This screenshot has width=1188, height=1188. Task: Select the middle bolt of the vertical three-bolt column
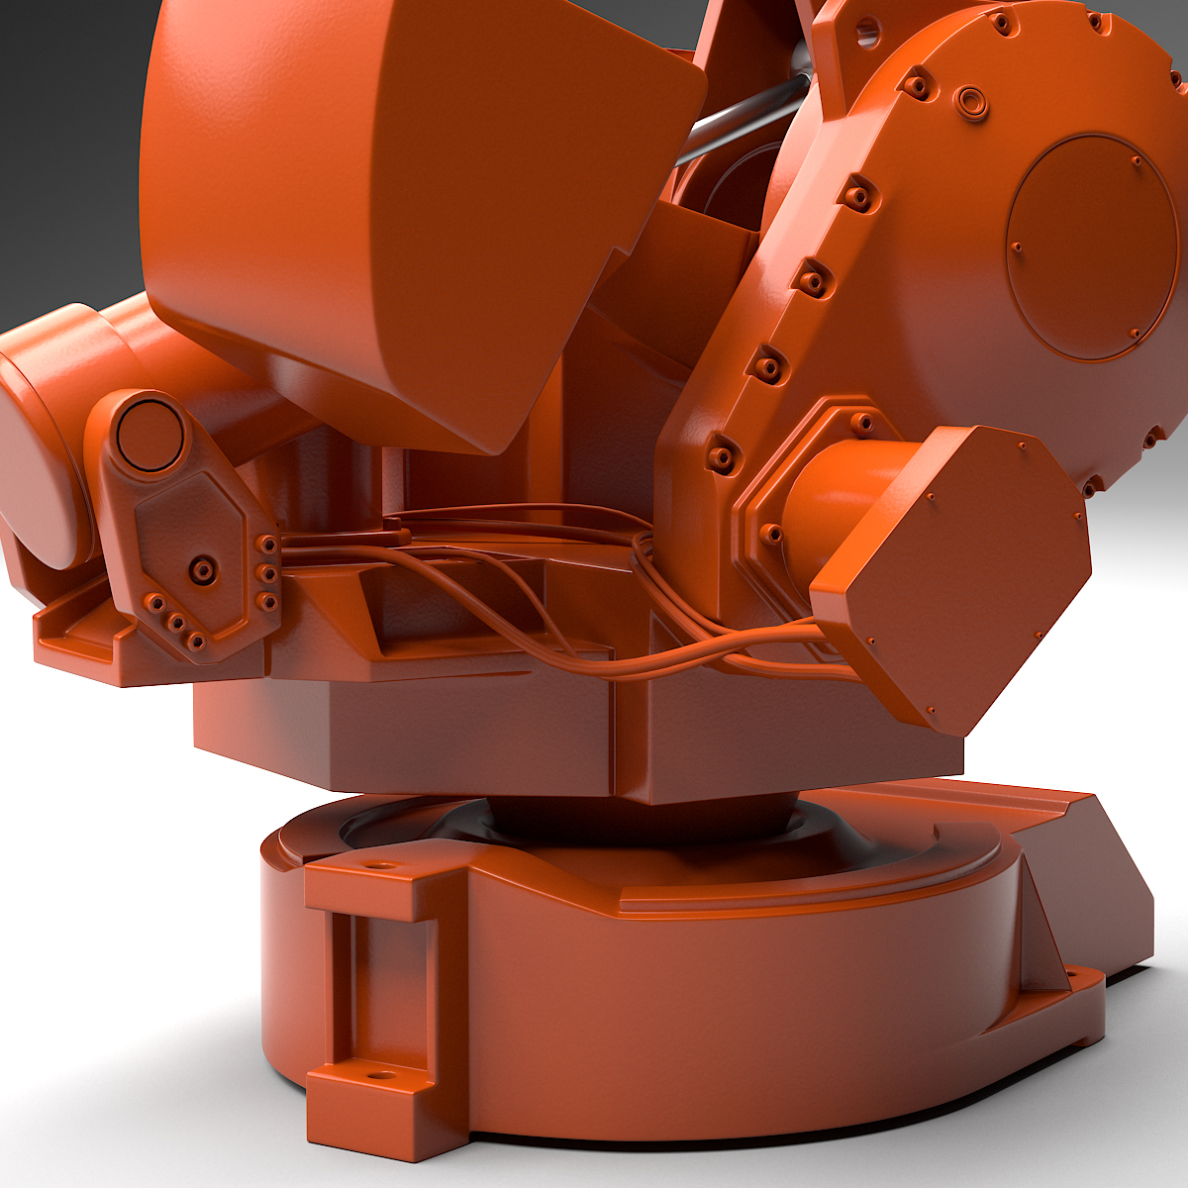pyautogui.click(x=266, y=572)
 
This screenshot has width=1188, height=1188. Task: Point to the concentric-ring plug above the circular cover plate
pyautogui.click(x=971, y=99)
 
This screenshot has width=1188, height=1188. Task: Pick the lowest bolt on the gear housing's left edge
pyautogui.click(x=724, y=456)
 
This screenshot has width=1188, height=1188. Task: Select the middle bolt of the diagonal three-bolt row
pyautogui.click(x=177, y=623)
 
